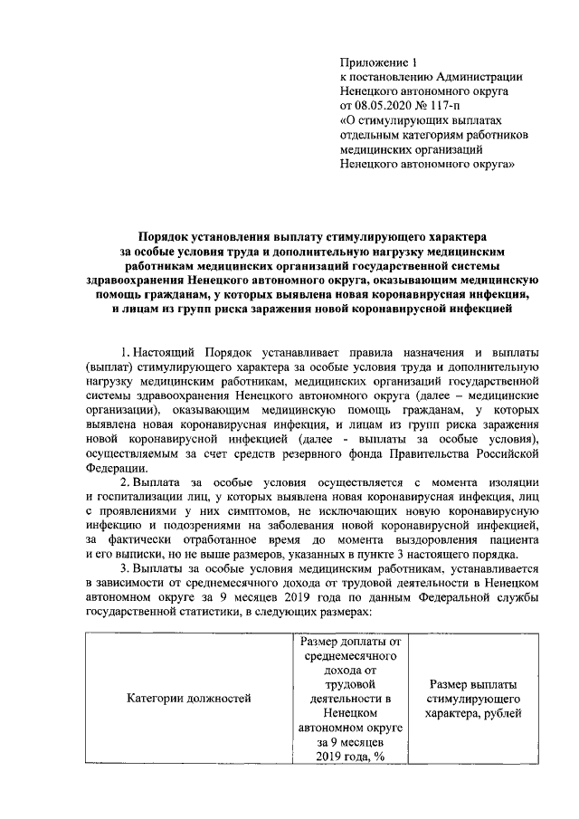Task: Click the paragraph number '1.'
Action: click(x=125, y=349)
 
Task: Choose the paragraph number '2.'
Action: click(x=126, y=480)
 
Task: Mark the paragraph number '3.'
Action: click(x=126, y=567)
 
